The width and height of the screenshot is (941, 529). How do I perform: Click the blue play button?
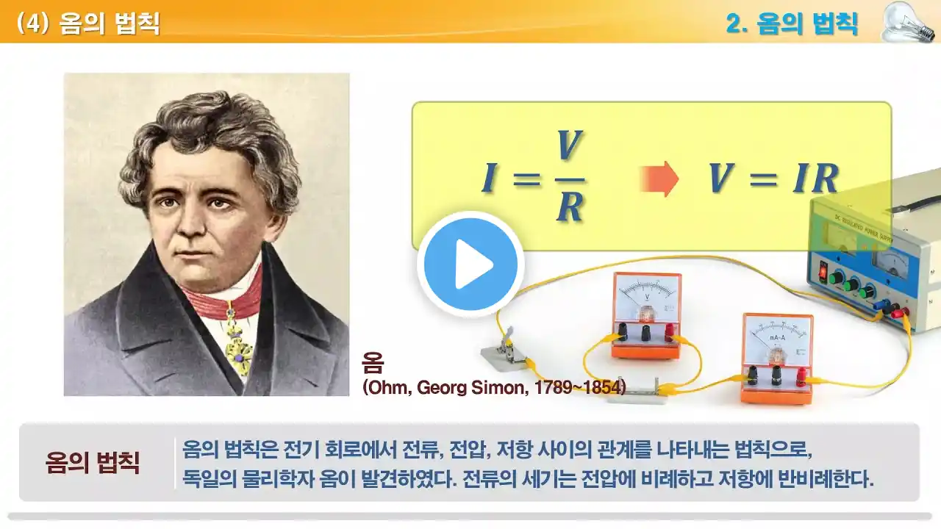point(470,264)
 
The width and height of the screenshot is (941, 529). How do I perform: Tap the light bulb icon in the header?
point(906,22)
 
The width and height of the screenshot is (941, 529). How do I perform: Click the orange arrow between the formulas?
point(659,179)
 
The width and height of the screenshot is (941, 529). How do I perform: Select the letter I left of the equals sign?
point(489,178)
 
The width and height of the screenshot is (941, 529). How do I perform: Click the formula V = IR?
point(774,178)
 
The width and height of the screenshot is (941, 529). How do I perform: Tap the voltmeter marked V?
point(646,315)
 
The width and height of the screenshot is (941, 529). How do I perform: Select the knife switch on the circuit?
point(504,350)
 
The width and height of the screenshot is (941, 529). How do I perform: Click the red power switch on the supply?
point(822,271)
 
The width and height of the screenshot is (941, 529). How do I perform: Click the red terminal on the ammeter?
point(801,376)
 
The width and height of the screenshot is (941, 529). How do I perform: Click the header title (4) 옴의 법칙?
point(88,23)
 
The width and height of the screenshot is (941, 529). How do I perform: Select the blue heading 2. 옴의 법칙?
point(792,24)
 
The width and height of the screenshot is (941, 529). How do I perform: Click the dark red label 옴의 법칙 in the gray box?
point(93,463)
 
